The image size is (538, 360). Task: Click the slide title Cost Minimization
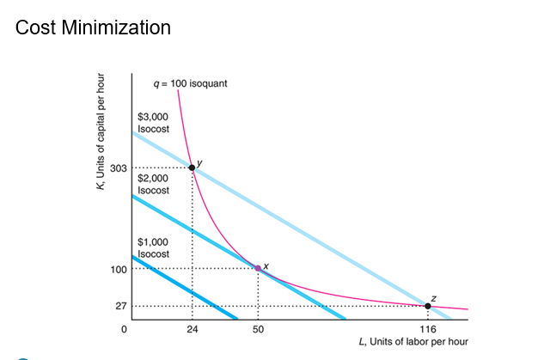click(x=93, y=27)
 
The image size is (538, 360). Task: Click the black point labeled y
click(x=192, y=168)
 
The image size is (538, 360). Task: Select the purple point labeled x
click(x=258, y=269)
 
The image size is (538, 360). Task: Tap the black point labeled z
click(x=428, y=306)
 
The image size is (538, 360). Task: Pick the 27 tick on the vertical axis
click(x=120, y=306)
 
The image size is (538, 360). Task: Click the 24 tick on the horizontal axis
click(x=192, y=329)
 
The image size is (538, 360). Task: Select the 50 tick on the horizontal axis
click(x=258, y=329)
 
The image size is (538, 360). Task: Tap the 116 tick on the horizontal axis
click(x=428, y=329)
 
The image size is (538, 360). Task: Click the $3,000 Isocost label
click(x=154, y=122)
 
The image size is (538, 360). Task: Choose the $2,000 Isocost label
click(x=154, y=184)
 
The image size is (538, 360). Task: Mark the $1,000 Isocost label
click(x=154, y=247)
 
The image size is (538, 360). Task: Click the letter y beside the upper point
click(x=199, y=161)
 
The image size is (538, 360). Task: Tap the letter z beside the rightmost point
click(x=433, y=297)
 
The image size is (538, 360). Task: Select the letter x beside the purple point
click(x=266, y=264)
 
